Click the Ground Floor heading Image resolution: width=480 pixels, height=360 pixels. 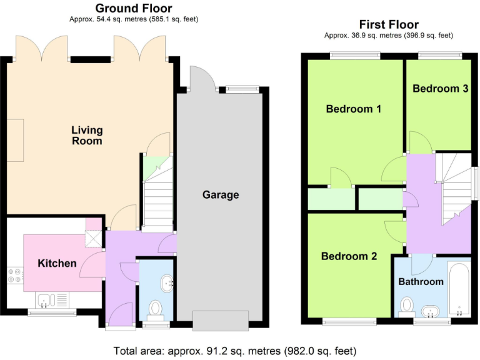point(133,8)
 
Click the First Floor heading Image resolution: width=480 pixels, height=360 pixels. point(388,25)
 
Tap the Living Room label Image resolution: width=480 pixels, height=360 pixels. point(87,136)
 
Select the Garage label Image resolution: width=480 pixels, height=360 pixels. point(221,195)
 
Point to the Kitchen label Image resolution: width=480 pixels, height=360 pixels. point(57,263)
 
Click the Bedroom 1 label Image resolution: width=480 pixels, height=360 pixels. point(354,109)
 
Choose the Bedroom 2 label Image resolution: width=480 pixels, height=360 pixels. point(349,256)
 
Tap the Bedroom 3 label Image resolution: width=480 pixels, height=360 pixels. point(440,89)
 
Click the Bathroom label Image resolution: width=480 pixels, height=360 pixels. point(421,282)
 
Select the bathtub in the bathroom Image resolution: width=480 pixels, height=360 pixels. point(459,289)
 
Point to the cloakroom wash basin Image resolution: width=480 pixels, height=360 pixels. point(167,283)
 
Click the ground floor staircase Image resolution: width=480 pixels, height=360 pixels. point(158,200)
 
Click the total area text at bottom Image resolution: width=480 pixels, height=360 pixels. point(235,351)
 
